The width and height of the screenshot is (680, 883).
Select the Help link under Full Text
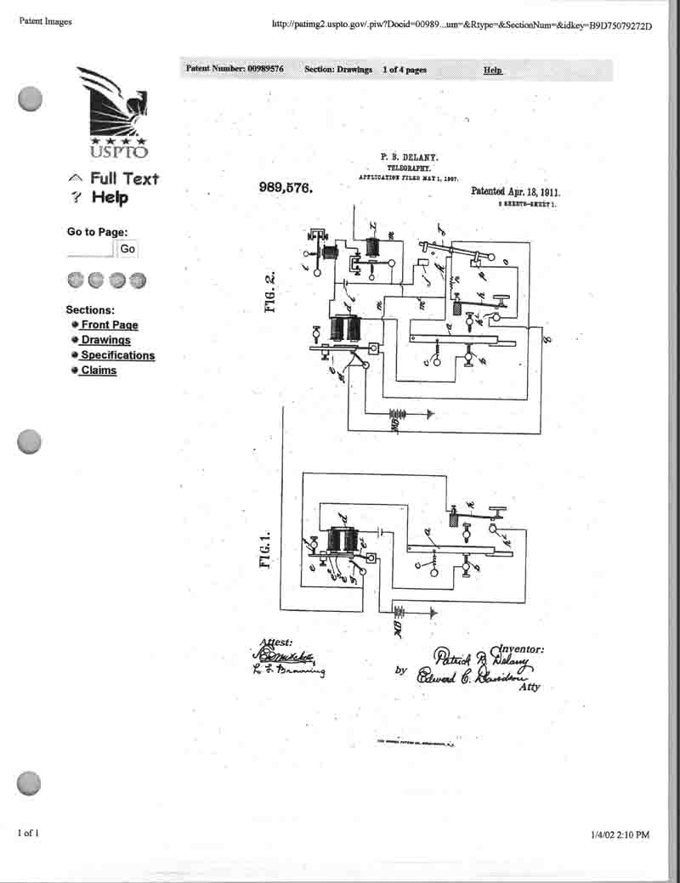110,198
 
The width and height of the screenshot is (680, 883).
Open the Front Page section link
109,325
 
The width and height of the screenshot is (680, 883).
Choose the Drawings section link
105,340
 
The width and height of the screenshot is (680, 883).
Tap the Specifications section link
117,355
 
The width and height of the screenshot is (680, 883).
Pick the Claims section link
99,371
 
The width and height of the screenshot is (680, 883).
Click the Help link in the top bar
492,70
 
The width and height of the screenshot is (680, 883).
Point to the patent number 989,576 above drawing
286,189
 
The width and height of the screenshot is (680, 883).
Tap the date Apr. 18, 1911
534,192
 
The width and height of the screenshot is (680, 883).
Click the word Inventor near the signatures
516,649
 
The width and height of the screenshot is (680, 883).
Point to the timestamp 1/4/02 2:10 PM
620,835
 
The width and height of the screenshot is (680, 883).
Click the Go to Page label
97,232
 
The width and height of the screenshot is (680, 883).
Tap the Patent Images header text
46,21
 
